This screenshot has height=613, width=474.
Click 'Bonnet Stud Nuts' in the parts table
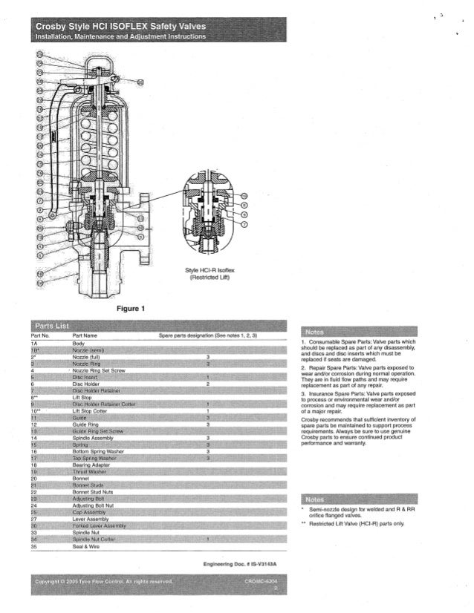(x=92, y=491)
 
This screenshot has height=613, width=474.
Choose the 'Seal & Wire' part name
(x=85, y=547)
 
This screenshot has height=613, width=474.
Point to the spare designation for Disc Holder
(x=207, y=384)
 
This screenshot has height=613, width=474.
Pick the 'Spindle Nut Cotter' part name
(x=94, y=540)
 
